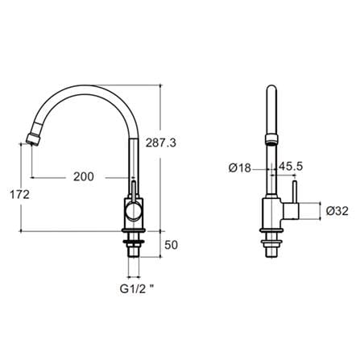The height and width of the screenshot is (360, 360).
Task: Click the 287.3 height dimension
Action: point(161,143)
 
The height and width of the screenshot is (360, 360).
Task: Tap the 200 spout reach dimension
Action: point(84,177)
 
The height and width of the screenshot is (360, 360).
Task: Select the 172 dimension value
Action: point(19,195)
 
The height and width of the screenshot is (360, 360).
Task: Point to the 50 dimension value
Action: point(171,245)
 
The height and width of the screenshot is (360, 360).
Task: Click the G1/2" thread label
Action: point(137,289)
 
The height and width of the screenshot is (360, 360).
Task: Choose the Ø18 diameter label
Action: point(240,168)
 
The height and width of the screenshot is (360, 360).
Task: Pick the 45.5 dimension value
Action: point(291,167)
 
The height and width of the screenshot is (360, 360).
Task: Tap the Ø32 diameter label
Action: point(337,211)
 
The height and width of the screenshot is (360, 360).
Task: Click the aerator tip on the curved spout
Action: point(34,139)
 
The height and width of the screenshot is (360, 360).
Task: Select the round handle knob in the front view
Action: point(133,211)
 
